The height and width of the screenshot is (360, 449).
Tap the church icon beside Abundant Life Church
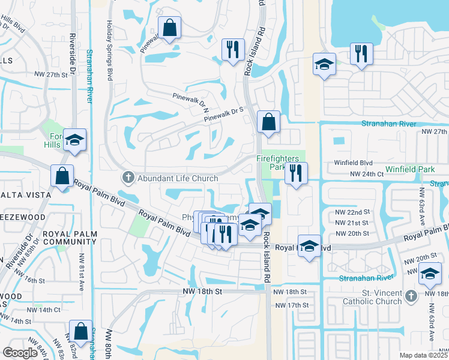click(x=127, y=177)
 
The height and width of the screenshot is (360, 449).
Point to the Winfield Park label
click(x=410, y=169)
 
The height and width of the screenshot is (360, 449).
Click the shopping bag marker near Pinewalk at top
click(x=170, y=28)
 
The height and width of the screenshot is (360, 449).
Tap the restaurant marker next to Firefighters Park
click(x=296, y=175)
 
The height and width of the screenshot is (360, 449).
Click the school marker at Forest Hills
click(x=75, y=140)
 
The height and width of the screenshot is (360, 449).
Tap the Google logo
click(x=20, y=352)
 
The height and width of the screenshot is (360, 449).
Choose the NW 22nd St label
click(x=352, y=213)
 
